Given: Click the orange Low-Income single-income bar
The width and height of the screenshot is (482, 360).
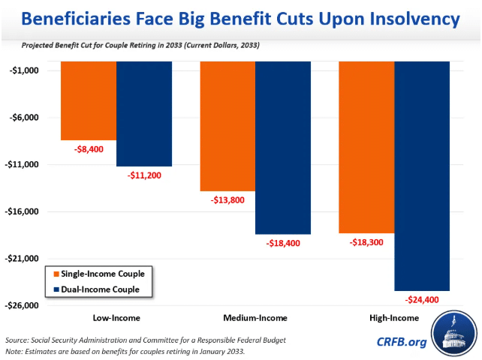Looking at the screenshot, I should click(89, 101).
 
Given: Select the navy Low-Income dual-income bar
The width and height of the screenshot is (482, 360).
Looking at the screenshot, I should click(144, 114).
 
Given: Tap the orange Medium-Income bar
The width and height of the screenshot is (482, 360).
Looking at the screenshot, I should click(227, 127).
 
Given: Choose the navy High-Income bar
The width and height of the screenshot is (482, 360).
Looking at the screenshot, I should click(422, 176).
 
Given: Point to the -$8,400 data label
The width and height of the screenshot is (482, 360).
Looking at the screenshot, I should click(89, 149).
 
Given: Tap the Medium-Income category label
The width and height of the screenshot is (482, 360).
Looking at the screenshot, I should click(255, 318).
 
